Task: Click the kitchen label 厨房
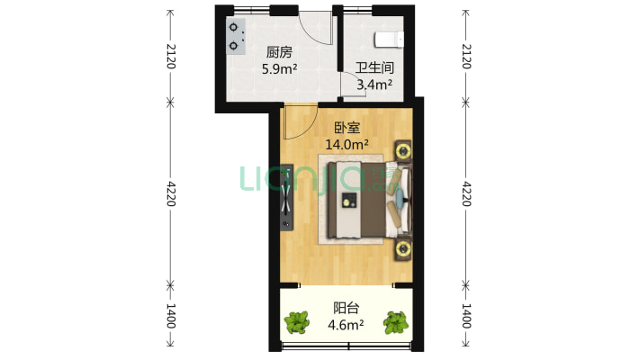[279, 52]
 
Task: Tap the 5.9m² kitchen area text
[279, 69]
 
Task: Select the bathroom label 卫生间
[374, 67]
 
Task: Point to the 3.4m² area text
[374, 85]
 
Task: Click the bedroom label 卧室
[346, 128]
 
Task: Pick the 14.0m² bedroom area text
[346, 144]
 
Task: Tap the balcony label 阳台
[346, 308]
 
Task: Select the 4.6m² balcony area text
[346, 325]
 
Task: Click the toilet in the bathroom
[389, 40]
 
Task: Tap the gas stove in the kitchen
[236, 36]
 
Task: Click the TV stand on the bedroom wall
[286, 197]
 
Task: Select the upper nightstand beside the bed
[403, 151]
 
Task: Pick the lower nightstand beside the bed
[403, 247]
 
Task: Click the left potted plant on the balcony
[297, 322]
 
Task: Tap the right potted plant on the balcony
[396, 322]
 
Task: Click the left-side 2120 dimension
[171, 57]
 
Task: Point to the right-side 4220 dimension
[466, 193]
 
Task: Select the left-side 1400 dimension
[171, 316]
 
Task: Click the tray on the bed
[349, 200]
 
